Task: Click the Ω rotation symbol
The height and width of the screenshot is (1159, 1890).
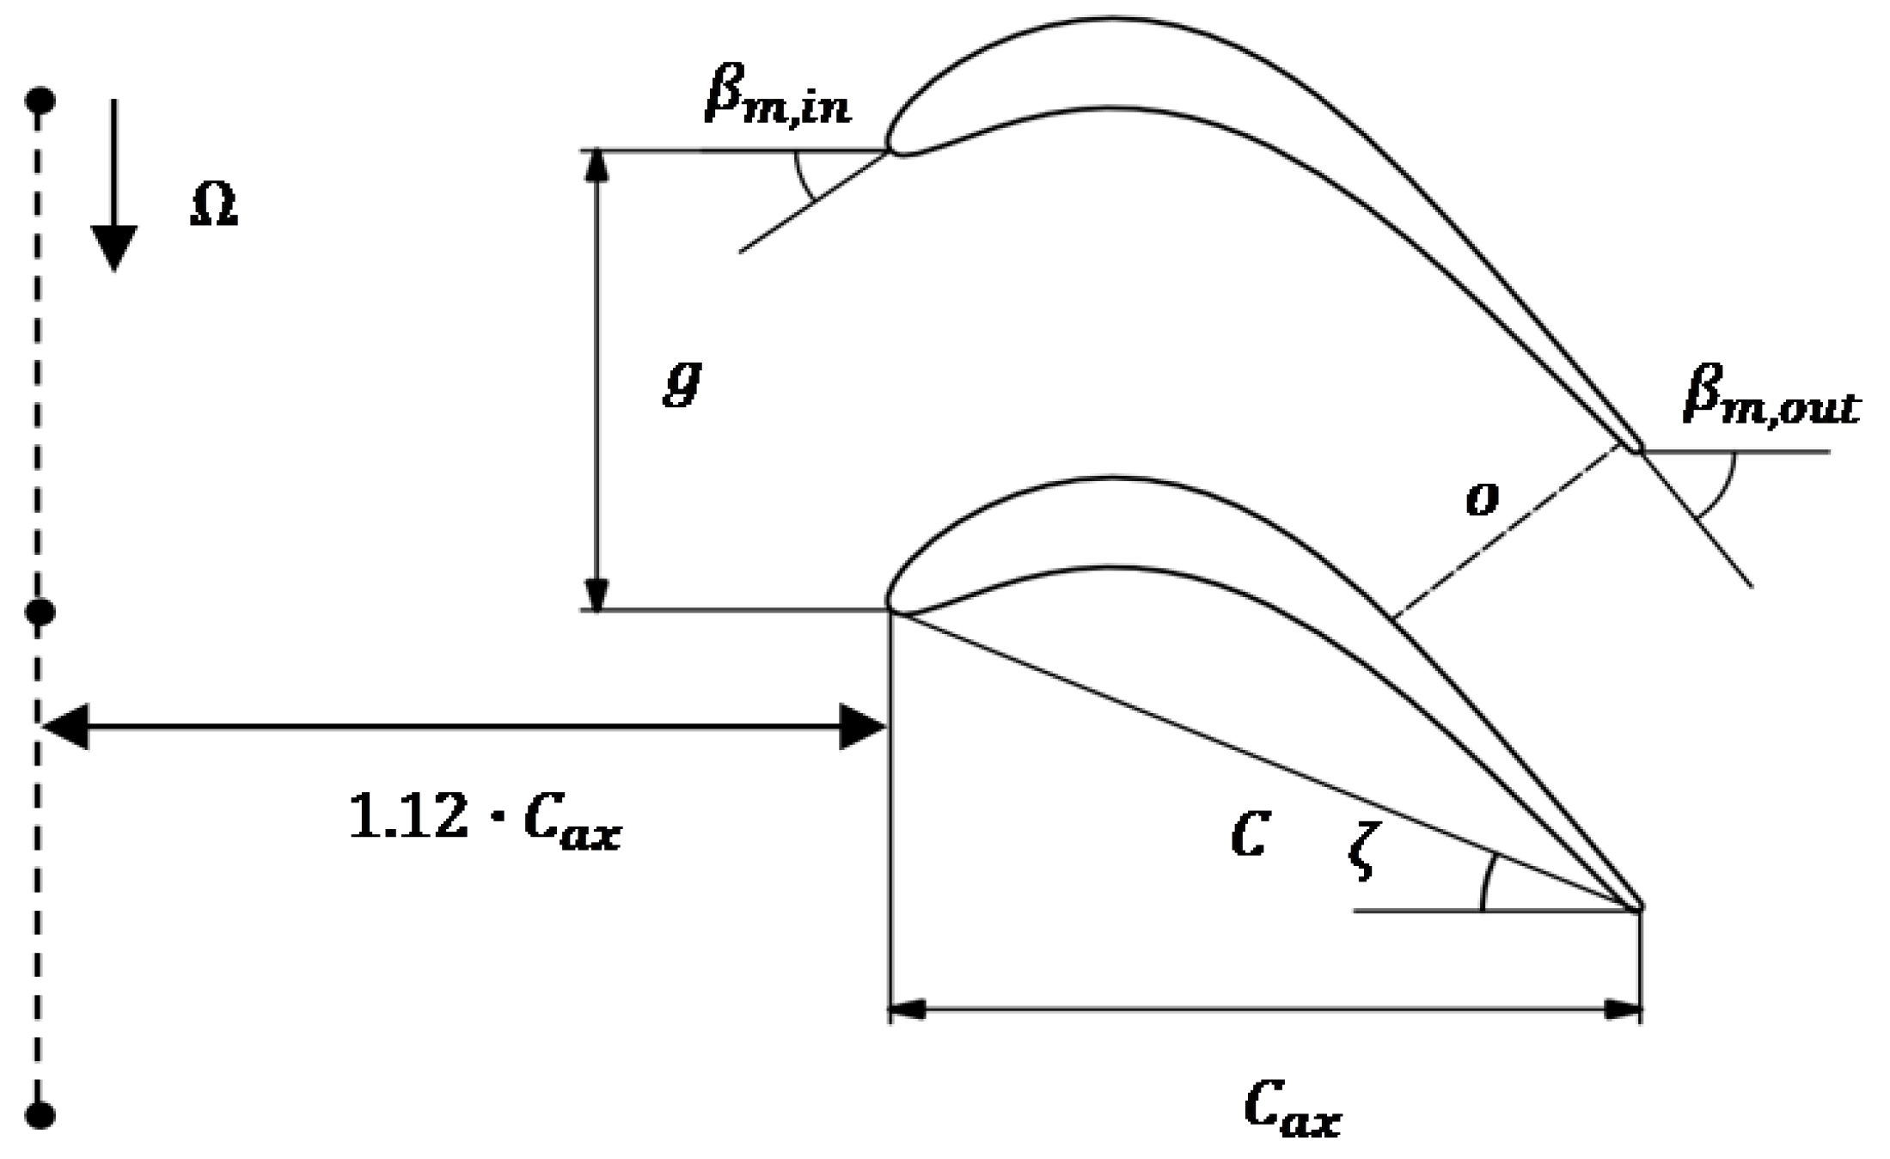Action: point(213,208)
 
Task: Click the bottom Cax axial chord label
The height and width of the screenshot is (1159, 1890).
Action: point(1292,1111)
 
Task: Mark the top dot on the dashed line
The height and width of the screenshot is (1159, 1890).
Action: point(40,101)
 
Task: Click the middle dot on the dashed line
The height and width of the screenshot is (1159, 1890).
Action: point(40,613)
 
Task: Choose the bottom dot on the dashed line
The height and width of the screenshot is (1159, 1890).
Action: point(40,1115)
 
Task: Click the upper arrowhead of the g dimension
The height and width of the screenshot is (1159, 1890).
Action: point(596,168)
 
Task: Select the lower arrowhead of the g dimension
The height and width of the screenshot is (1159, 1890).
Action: point(596,594)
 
